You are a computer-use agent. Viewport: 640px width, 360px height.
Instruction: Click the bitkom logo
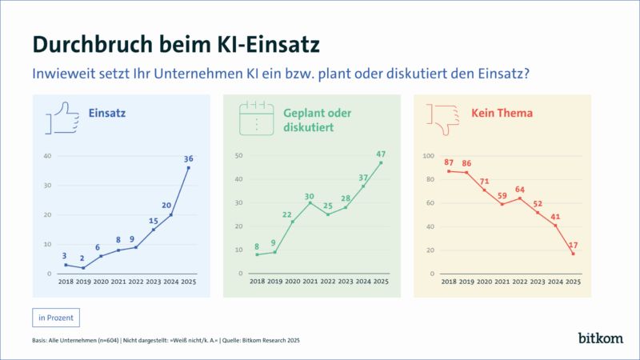[600, 338]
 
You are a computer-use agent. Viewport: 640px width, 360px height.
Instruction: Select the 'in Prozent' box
[56, 318]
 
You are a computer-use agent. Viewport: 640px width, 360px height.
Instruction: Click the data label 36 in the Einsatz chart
[189, 158]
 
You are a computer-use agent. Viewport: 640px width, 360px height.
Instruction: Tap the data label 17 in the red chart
[574, 244]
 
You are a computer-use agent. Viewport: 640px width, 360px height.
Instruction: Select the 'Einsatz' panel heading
[106, 114]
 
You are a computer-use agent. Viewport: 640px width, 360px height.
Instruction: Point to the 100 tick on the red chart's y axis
[428, 156]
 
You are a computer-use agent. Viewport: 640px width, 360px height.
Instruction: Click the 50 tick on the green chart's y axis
[239, 154]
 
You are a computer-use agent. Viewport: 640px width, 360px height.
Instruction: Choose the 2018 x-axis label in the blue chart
[66, 282]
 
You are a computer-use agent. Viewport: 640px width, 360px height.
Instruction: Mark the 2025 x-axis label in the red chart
[574, 282]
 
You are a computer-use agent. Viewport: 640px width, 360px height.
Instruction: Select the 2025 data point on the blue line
[189, 168]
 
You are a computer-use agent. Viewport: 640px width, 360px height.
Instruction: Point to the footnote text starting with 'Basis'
[166, 341]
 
